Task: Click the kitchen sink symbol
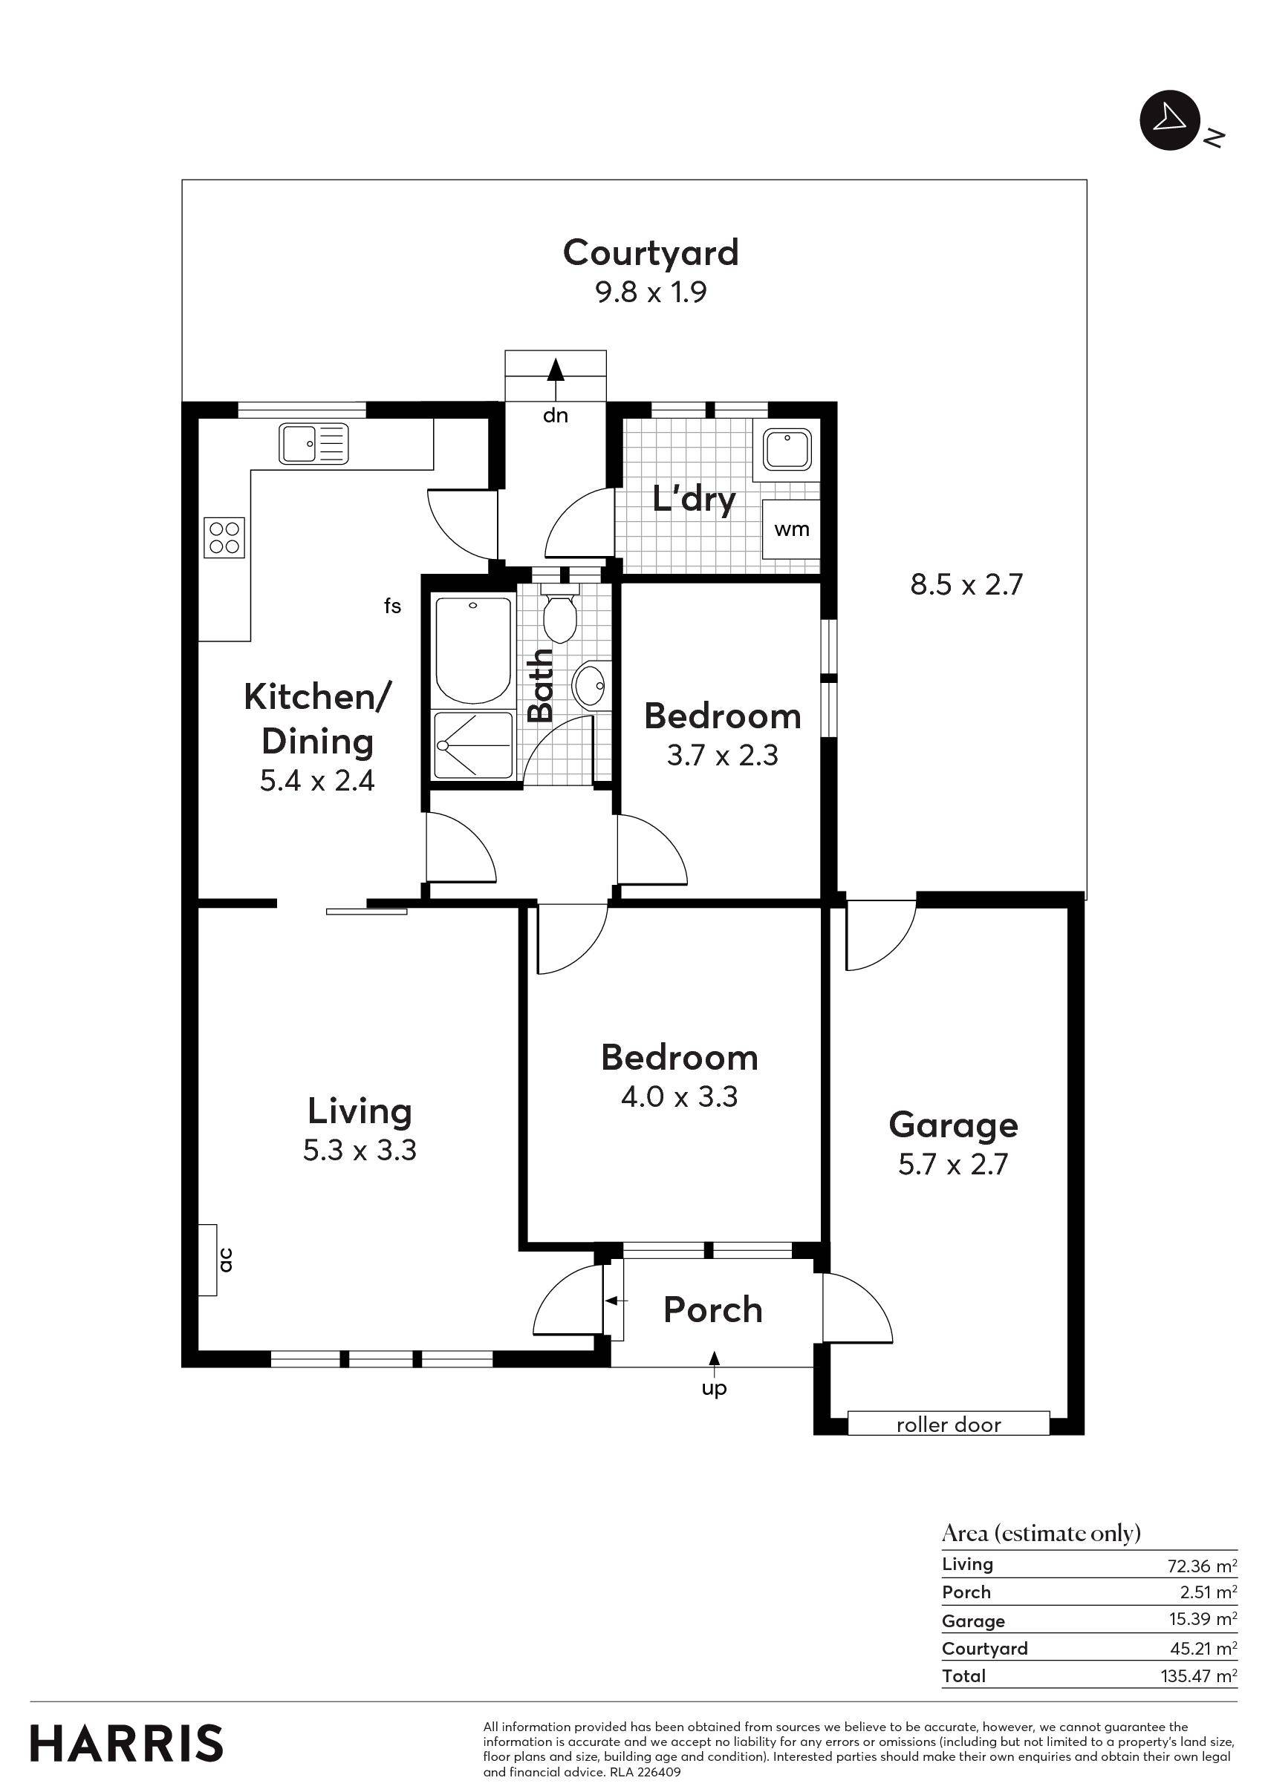pyautogui.click(x=313, y=443)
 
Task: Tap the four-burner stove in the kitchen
pyautogui.click(x=224, y=537)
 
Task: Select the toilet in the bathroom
pyautogui.click(x=559, y=615)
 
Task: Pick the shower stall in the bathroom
pyautogui.click(x=473, y=744)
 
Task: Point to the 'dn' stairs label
pyautogui.click(x=555, y=415)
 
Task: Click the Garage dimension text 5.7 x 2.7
pyautogui.click(x=952, y=1165)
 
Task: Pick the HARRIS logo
pyautogui.click(x=126, y=1744)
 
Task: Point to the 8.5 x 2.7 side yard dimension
pyautogui.click(x=966, y=583)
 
